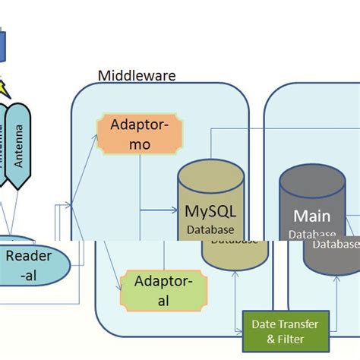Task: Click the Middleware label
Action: (x=137, y=75)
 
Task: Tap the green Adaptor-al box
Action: (x=157, y=291)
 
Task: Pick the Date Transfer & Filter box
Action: (x=285, y=331)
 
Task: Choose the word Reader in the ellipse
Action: (x=29, y=256)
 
